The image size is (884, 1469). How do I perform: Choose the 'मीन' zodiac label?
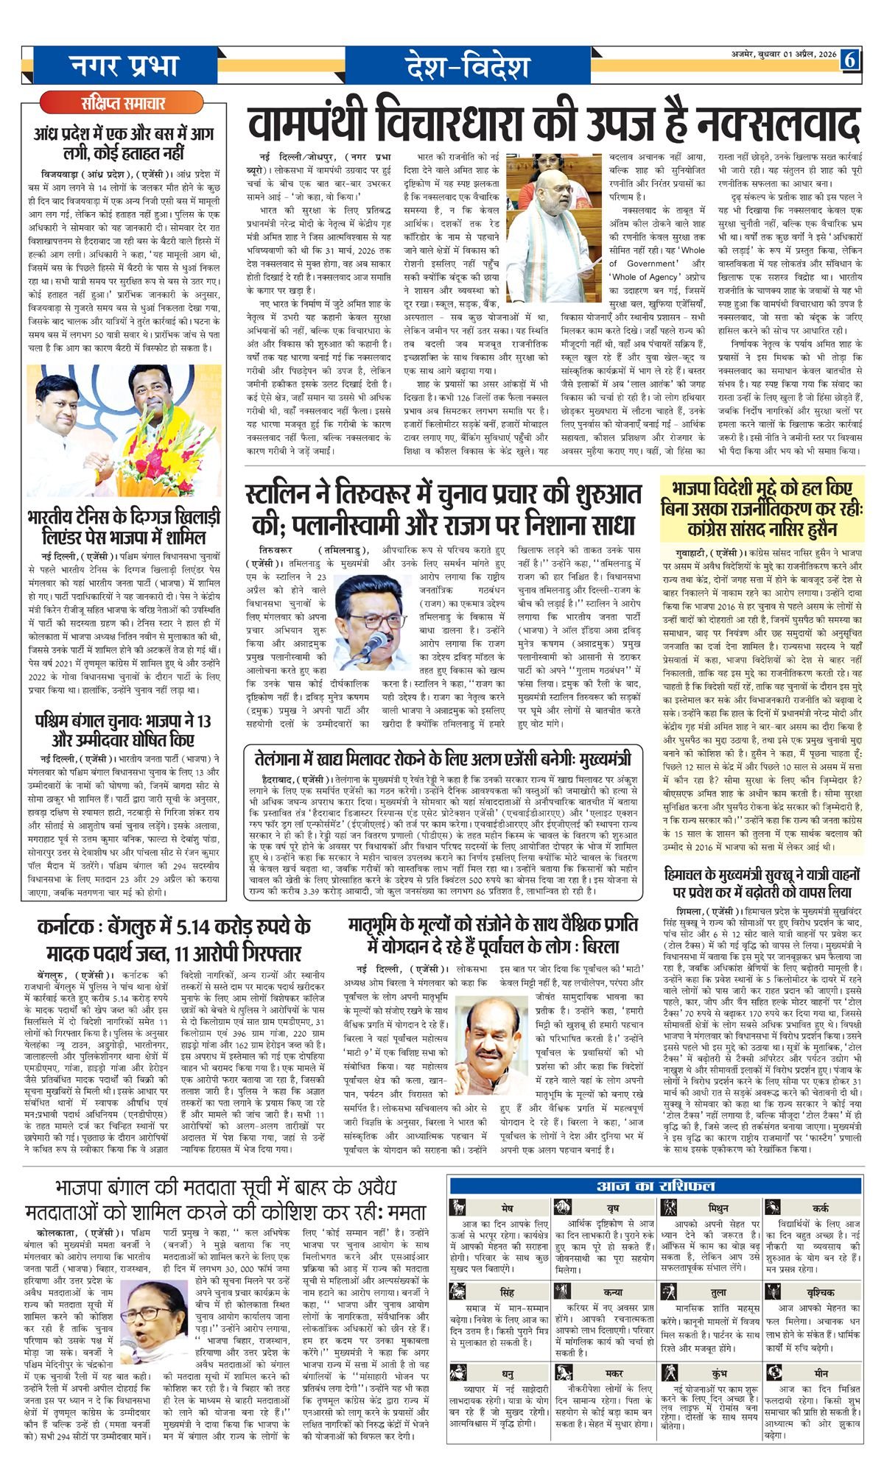pos(821,1373)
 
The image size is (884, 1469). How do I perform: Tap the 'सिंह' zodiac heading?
pos(507,1292)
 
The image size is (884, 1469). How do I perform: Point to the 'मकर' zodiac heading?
pos(614,1374)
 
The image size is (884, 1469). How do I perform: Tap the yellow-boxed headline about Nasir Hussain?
pos(762,508)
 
